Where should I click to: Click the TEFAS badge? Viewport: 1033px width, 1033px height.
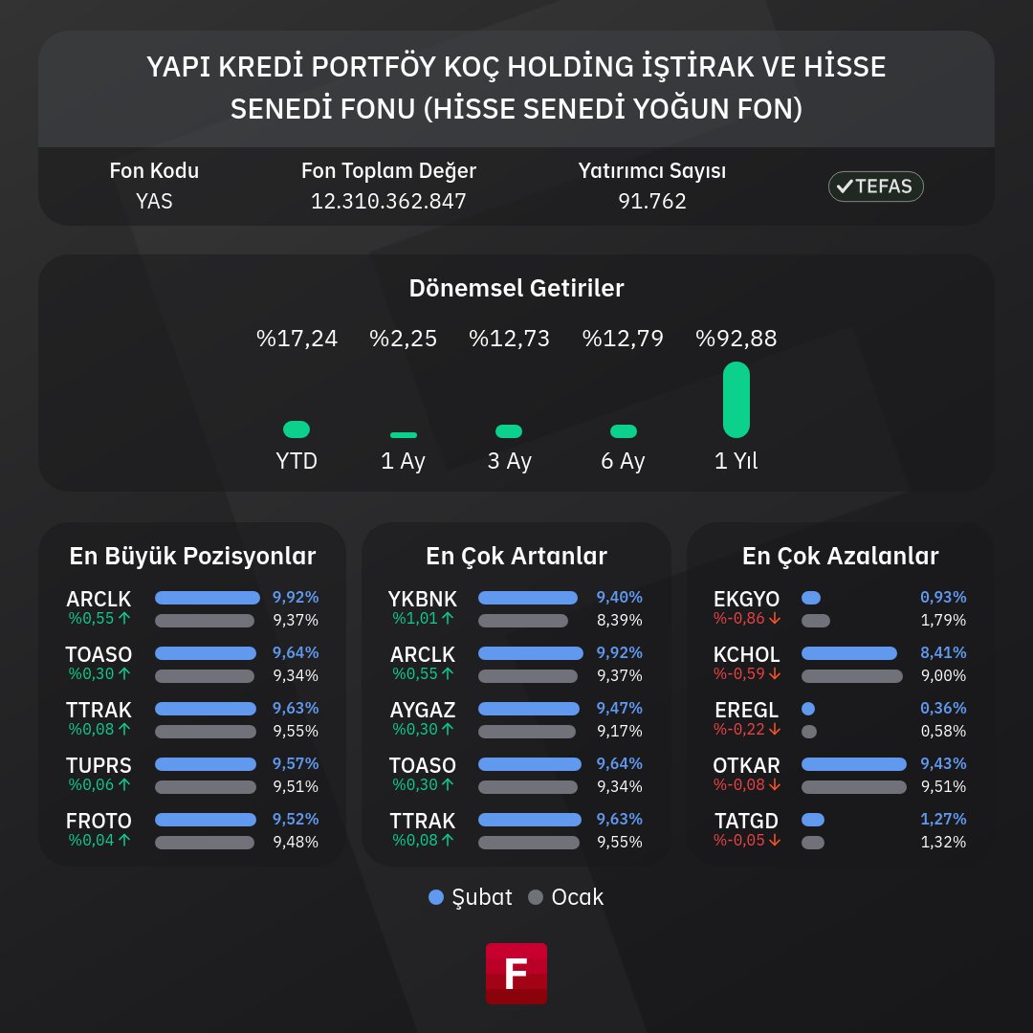tap(875, 187)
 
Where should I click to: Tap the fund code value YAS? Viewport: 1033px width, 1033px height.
tap(154, 202)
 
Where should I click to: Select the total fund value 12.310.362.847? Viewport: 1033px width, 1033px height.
tap(388, 202)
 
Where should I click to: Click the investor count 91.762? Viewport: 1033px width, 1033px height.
tap(651, 202)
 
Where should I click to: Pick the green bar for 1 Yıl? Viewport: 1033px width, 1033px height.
tap(736, 400)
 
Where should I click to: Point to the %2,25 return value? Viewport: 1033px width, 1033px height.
tap(403, 339)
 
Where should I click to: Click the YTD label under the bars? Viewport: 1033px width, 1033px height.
tap(297, 461)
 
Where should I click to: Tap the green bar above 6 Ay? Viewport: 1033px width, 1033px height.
tap(624, 431)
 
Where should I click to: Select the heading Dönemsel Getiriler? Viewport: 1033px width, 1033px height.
tap(516, 288)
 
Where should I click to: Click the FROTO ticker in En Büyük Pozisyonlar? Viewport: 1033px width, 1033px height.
tap(99, 821)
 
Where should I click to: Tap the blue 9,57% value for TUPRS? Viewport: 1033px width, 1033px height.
tap(296, 764)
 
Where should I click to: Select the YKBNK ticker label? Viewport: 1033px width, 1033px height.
tap(422, 599)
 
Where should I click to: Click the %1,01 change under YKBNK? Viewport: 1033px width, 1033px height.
tap(422, 619)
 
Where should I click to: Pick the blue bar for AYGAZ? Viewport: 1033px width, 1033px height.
tap(529, 709)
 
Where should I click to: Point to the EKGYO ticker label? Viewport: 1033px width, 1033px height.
tap(746, 599)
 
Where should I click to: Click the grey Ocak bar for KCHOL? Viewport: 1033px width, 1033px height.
tap(851, 676)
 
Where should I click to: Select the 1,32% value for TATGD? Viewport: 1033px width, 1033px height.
tap(943, 842)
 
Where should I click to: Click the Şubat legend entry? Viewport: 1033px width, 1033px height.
tap(471, 897)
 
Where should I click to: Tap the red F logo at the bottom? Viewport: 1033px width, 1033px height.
tap(516, 973)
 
